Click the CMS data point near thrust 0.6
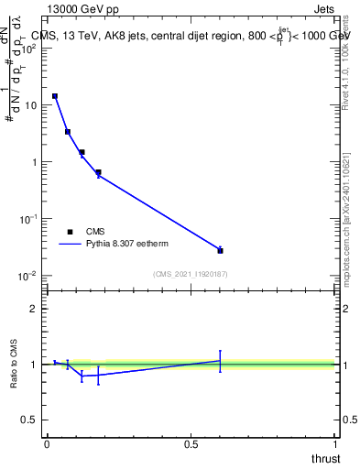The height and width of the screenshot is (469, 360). pos(220,250)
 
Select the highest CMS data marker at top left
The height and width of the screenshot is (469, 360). pos(55,96)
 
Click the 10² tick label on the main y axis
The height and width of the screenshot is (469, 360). pos(30,49)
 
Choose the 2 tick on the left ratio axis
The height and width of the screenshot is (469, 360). pos(35,309)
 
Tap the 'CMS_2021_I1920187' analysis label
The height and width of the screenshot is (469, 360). pos(190,274)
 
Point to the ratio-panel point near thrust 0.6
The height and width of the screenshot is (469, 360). pos(220,360)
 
